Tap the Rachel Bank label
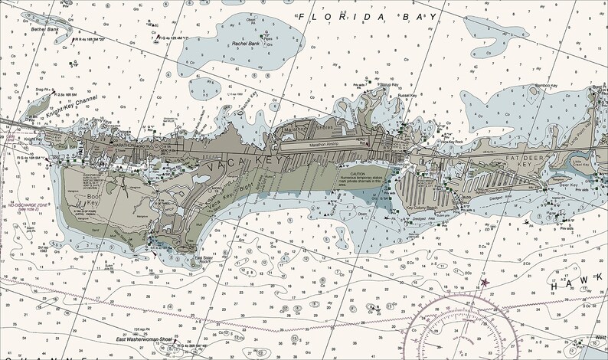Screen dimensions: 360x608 [248, 44]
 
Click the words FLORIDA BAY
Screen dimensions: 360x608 [370, 15]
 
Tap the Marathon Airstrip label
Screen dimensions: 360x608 [329, 142]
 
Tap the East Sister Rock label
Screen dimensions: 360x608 [203, 259]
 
